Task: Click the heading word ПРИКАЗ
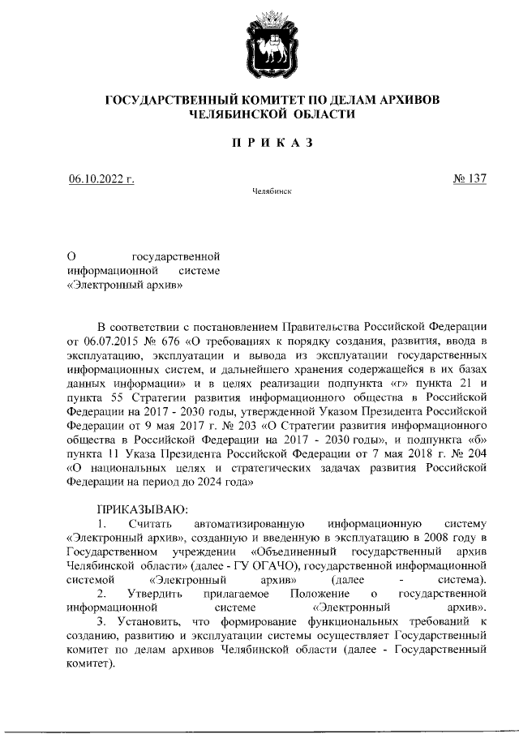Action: tap(260, 144)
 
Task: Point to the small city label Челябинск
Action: tap(259, 192)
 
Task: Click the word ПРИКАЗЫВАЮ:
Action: tap(142, 509)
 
